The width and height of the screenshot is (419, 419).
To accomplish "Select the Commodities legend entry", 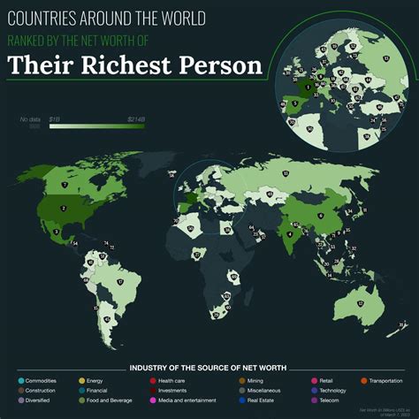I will pyautogui.click(x=41, y=380).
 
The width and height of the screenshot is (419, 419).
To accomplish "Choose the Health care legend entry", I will pyautogui.click(x=171, y=380).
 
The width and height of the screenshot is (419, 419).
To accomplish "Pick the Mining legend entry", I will pyautogui.click(x=259, y=380).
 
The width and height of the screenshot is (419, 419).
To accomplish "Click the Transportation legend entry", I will pyautogui.click(x=387, y=380).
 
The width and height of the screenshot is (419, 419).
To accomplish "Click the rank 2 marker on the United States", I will pyautogui.click(x=63, y=209).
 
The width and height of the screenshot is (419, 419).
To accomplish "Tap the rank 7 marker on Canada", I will pyautogui.click(x=65, y=171).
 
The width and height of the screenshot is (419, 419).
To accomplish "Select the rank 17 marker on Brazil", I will pyautogui.click(x=119, y=282).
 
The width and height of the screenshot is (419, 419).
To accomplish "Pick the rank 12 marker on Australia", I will pyautogui.click(x=362, y=303).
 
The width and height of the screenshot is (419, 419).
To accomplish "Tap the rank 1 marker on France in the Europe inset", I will pyautogui.click(x=308, y=87).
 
